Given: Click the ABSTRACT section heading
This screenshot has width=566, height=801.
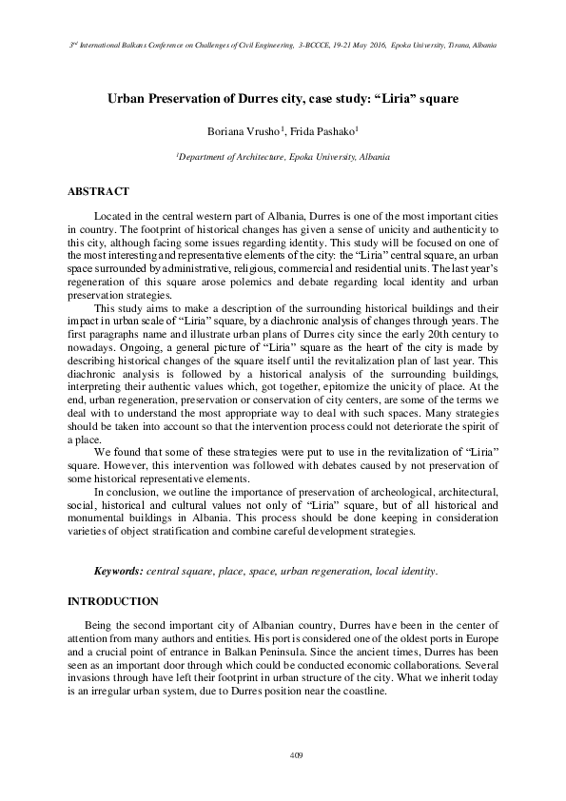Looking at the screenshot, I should click(x=98, y=191).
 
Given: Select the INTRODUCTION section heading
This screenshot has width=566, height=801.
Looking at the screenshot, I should click(x=112, y=602).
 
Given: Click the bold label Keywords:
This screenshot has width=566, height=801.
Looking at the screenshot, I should click(x=118, y=571).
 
